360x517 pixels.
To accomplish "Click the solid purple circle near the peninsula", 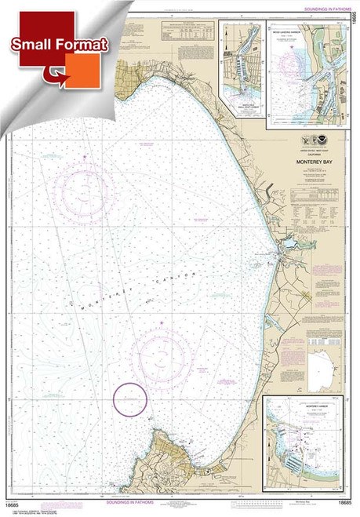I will tap(129, 399).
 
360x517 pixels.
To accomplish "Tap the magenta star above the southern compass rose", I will tap(162, 322).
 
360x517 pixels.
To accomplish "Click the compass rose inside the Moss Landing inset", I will tap(292, 55).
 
